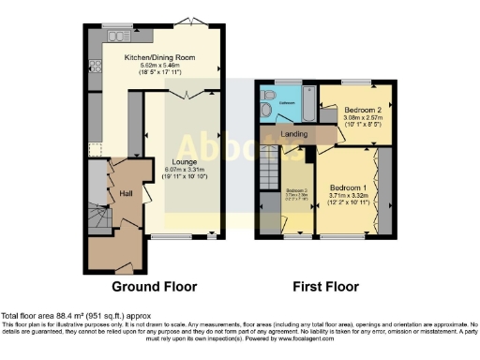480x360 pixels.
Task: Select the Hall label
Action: pos(126,193)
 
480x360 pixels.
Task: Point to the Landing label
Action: pos(295,134)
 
